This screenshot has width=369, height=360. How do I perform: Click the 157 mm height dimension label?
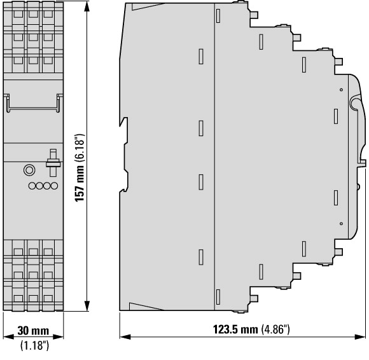click(80, 184)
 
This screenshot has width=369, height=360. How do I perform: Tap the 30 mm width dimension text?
click(33, 331)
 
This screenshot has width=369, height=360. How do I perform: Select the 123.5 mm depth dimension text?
click(235, 329)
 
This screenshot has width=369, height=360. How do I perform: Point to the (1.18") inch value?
click(35, 345)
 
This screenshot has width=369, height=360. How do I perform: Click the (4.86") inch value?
click(275, 329)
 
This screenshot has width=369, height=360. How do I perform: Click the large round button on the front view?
click(29, 170)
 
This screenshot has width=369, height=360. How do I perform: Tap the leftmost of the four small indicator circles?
click(32, 186)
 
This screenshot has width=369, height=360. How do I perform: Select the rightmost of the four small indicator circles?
click(54, 186)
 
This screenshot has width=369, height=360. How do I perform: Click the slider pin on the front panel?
click(53, 162)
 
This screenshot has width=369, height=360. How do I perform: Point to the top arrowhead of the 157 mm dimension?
click(87, 6)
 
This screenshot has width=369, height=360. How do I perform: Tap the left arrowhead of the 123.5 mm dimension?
click(125, 337)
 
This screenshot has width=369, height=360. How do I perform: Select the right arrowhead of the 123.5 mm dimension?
click(360, 337)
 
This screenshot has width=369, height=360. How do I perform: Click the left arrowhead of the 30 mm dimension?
click(9, 337)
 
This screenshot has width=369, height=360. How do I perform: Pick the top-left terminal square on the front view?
click(18, 14)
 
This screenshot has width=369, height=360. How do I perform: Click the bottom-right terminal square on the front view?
click(48, 298)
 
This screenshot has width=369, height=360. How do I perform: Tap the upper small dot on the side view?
click(342, 90)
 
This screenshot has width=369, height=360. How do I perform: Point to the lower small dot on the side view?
click(342, 223)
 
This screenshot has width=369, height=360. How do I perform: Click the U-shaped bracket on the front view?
click(33, 109)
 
